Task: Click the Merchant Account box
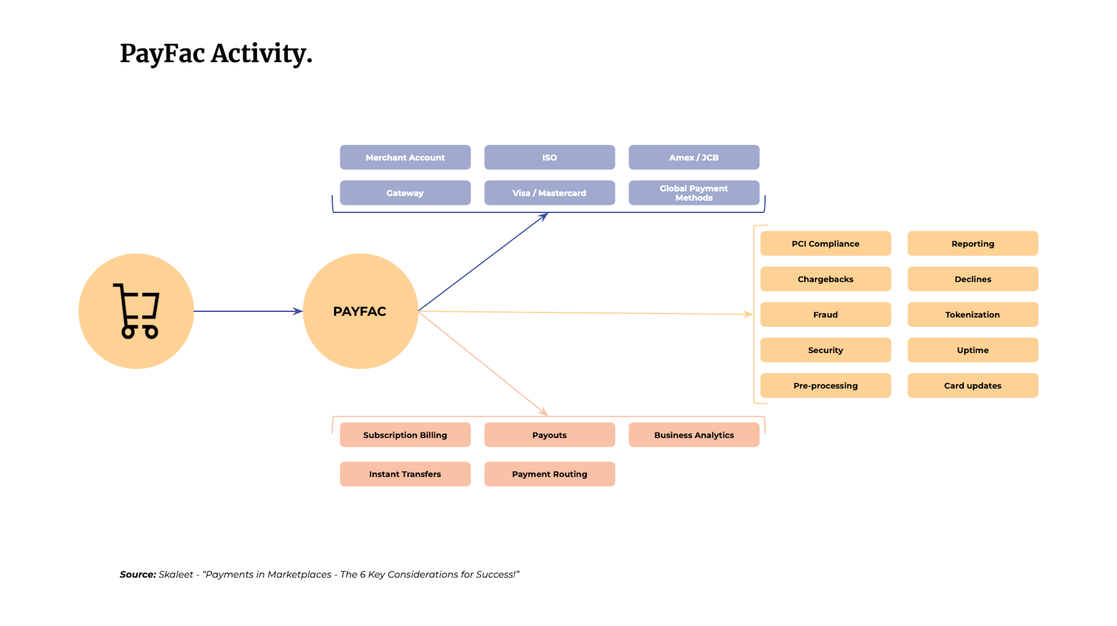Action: [405, 157]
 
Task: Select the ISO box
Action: [549, 157]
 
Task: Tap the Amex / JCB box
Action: [694, 157]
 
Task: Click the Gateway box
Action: [405, 193]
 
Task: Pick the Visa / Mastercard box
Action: [549, 193]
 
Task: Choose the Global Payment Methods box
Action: [694, 193]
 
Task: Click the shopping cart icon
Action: [136, 311]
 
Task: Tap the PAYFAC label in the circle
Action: [360, 311]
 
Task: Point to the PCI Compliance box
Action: [825, 244]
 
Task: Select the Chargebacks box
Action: [825, 279]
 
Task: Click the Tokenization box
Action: [973, 315]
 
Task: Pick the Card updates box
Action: [973, 385]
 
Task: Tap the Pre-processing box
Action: [825, 385]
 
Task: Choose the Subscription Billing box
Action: [405, 435]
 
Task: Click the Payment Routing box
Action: [549, 474]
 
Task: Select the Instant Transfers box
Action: [405, 474]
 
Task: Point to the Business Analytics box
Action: [694, 435]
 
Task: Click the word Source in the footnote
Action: [137, 575]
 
